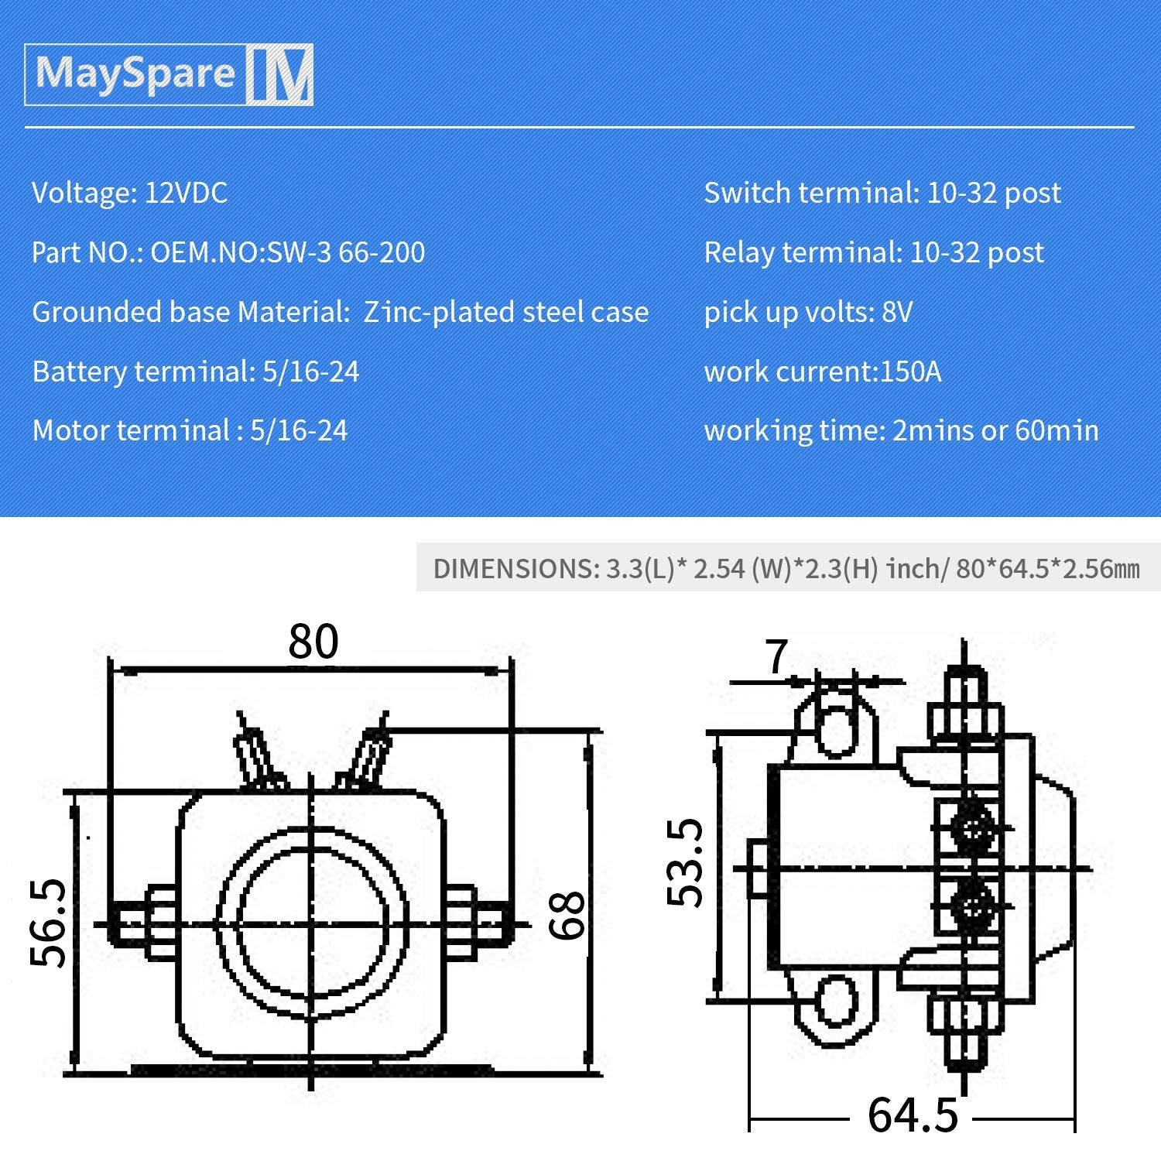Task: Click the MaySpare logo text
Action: (x=135, y=74)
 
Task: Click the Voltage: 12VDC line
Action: (x=129, y=193)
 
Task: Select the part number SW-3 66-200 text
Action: (x=346, y=252)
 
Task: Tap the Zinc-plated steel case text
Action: (x=506, y=312)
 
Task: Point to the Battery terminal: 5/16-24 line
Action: (x=195, y=372)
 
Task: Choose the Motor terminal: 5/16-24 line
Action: (x=190, y=430)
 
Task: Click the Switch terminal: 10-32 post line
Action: (x=882, y=193)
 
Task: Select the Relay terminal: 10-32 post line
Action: (x=873, y=252)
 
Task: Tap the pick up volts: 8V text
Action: (x=808, y=312)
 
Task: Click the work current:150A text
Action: (x=822, y=372)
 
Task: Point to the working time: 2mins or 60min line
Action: (x=901, y=430)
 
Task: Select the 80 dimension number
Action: (x=313, y=642)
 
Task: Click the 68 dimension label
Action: (x=567, y=916)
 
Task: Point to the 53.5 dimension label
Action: (x=685, y=862)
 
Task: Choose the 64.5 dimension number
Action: (x=913, y=1115)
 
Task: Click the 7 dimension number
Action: (x=776, y=657)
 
